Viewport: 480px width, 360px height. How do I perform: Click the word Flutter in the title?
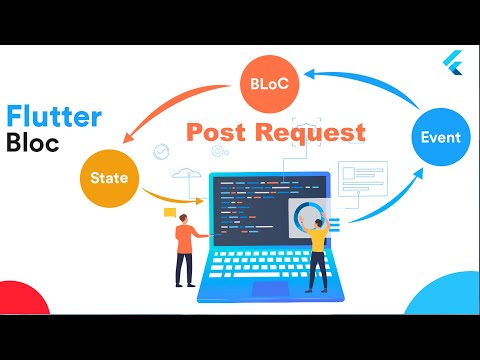pos(55,117)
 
